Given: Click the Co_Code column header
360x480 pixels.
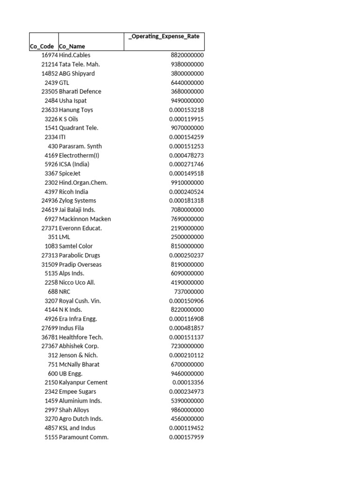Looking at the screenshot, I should click(x=42, y=46).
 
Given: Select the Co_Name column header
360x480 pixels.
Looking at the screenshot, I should click(x=72, y=46).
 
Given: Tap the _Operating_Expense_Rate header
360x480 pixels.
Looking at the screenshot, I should click(x=164, y=37).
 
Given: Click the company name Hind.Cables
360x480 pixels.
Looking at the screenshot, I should click(x=75, y=55).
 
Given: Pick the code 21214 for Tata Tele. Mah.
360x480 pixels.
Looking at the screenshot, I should click(x=49, y=64).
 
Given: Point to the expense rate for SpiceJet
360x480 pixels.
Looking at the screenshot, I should click(x=187, y=173).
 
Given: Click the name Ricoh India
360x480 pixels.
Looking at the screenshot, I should click(x=74, y=192).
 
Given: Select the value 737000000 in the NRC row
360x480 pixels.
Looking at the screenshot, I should click(x=189, y=292).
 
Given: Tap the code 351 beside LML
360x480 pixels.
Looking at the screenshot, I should click(x=52, y=237).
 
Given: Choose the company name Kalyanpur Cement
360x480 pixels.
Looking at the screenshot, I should click(x=83, y=382).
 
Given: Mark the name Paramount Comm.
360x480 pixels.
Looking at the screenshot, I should click(x=84, y=437).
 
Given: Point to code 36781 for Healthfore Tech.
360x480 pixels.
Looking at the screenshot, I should click(x=49, y=337).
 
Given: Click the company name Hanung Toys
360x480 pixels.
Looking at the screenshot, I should click(x=76, y=110).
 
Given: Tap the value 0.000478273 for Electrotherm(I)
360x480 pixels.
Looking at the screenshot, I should click(x=187, y=155).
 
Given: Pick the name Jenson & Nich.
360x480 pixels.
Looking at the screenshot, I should click(x=79, y=355).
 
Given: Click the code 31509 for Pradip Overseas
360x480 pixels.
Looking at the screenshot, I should click(x=49, y=264).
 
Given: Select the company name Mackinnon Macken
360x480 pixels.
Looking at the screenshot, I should click(x=85, y=219).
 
